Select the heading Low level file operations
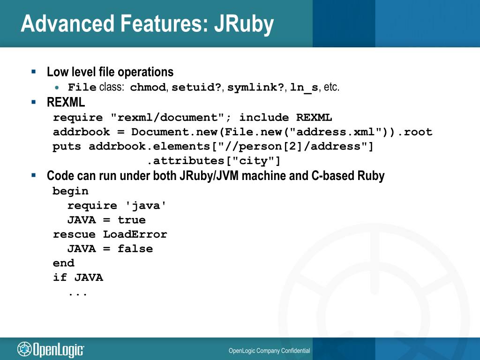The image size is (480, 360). [110, 72]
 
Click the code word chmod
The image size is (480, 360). [148, 88]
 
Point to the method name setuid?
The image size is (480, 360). [196, 88]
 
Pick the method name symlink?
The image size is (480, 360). [255, 88]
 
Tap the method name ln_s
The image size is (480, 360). [304, 88]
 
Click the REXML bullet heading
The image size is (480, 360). [66, 102]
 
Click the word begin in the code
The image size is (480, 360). [70, 191]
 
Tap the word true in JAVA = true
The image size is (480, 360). [132, 220]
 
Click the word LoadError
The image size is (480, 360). [135, 234]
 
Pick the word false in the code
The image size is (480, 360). [135, 249]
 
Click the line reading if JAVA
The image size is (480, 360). [78, 277]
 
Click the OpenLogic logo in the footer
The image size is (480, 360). [51, 349]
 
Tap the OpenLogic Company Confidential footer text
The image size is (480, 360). [269, 351]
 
